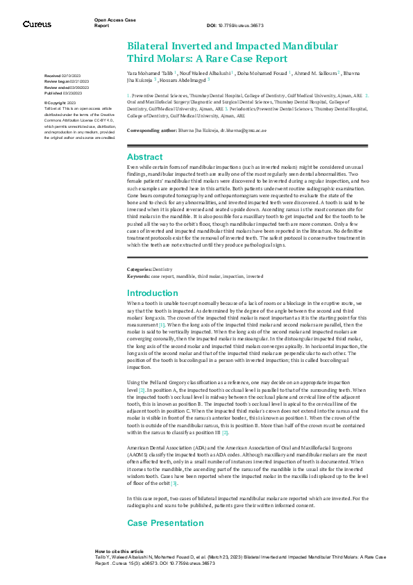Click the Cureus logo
[37, 24]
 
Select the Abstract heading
[144, 157]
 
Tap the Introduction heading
[153, 293]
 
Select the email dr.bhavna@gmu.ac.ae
[212, 130]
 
